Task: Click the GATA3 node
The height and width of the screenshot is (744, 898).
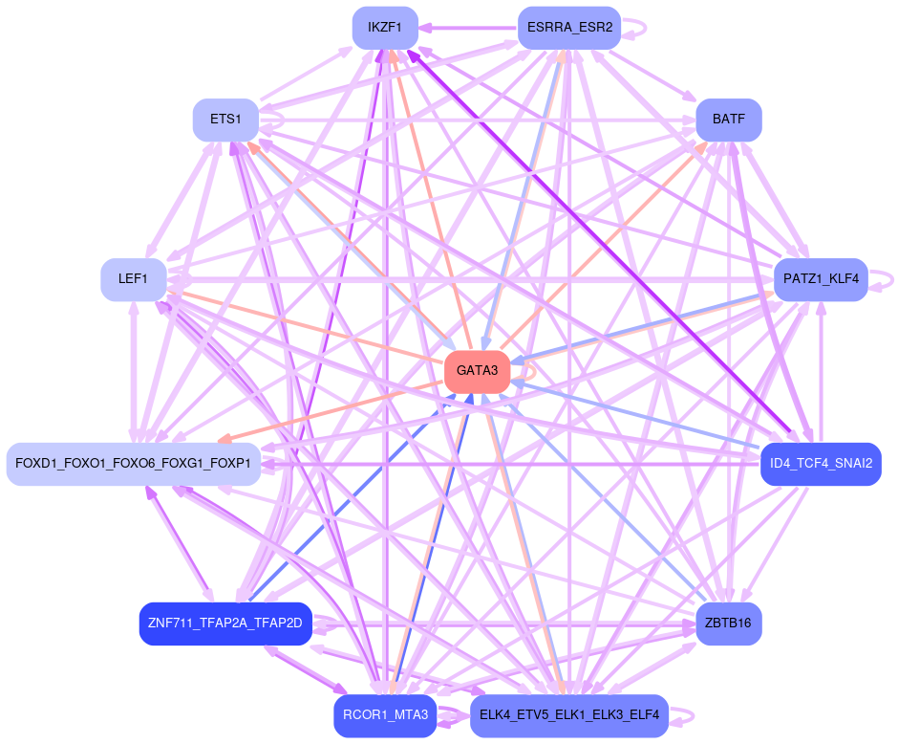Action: [477, 371]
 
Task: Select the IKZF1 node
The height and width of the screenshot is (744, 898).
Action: [385, 28]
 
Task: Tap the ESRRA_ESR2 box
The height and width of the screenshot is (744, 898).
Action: [569, 28]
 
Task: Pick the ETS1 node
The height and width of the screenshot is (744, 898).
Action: [225, 120]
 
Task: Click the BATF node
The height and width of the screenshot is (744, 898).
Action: [729, 120]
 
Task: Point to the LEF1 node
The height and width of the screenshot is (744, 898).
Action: [134, 279]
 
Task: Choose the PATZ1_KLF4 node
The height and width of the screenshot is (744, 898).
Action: [821, 279]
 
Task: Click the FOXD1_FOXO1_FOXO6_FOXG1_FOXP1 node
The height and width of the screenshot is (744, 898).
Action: [134, 464]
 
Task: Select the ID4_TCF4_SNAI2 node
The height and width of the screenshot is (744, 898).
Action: [821, 464]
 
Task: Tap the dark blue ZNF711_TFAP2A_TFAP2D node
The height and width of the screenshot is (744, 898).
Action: [225, 624]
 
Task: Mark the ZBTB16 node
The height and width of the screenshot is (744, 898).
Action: [729, 624]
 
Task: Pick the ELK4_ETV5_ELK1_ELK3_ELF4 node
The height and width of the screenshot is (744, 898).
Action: [569, 715]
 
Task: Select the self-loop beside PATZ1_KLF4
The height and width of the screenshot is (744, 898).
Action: [886, 279]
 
